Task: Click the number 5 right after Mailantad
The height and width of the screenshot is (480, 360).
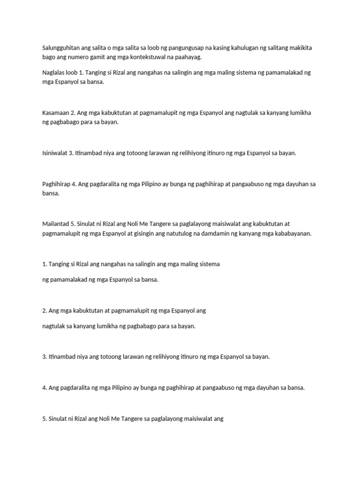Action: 73,224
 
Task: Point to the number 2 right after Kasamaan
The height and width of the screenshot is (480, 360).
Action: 73,112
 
